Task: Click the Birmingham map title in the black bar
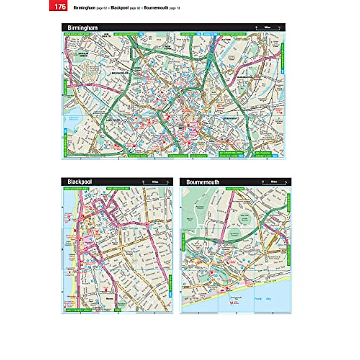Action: (x=82, y=28)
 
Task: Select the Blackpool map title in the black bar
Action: (x=79, y=182)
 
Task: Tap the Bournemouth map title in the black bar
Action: (x=203, y=182)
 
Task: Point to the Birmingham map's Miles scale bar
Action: (x=268, y=28)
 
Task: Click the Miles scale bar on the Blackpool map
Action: (x=155, y=182)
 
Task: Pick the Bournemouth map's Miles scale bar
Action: (x=274, y=182)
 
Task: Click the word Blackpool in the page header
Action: (x=119, y=8)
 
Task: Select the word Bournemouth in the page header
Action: (x=156, y=8)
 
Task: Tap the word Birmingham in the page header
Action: (x=84, y=8)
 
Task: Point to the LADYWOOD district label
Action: (x=113, y=120)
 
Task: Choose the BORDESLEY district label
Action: (x=230, y=118)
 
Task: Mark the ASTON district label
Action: (x=227, y=39)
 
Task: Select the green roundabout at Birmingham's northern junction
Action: (x=210, y=55)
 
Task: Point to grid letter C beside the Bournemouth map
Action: (x=181, y=292)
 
